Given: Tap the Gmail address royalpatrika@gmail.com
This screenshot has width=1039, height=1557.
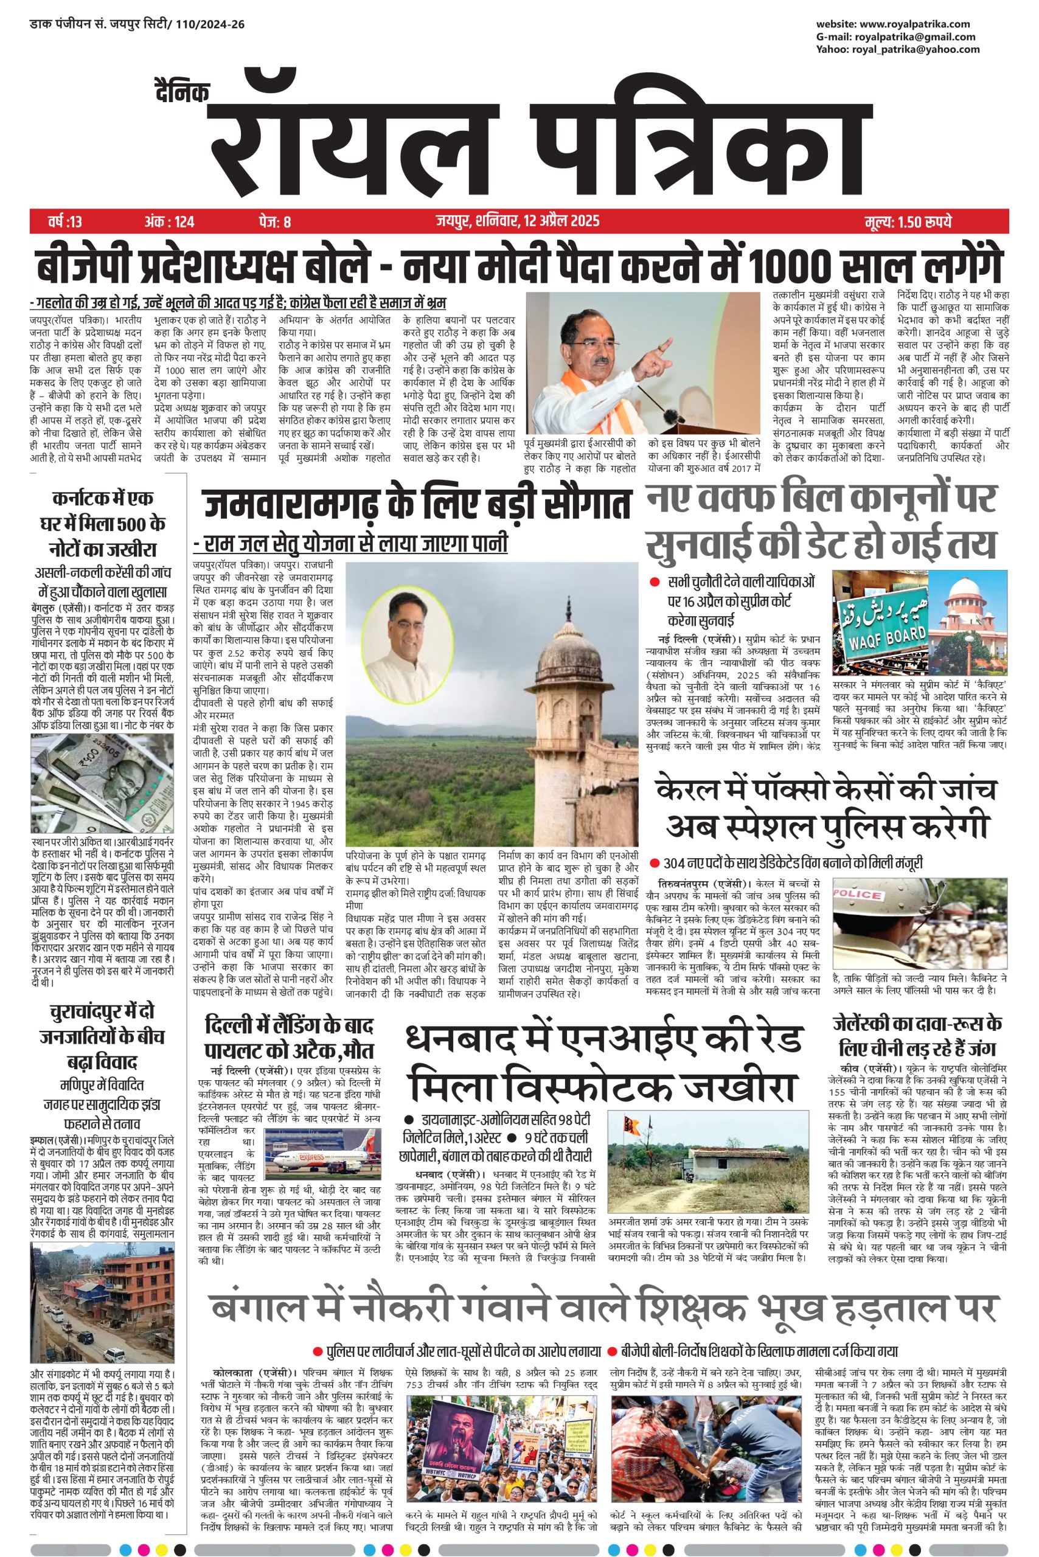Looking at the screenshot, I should [914, 37].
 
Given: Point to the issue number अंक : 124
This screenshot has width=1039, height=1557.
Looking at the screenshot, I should [169, 221].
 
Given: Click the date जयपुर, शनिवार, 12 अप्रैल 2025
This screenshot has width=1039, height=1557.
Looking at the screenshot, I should [518, 221].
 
